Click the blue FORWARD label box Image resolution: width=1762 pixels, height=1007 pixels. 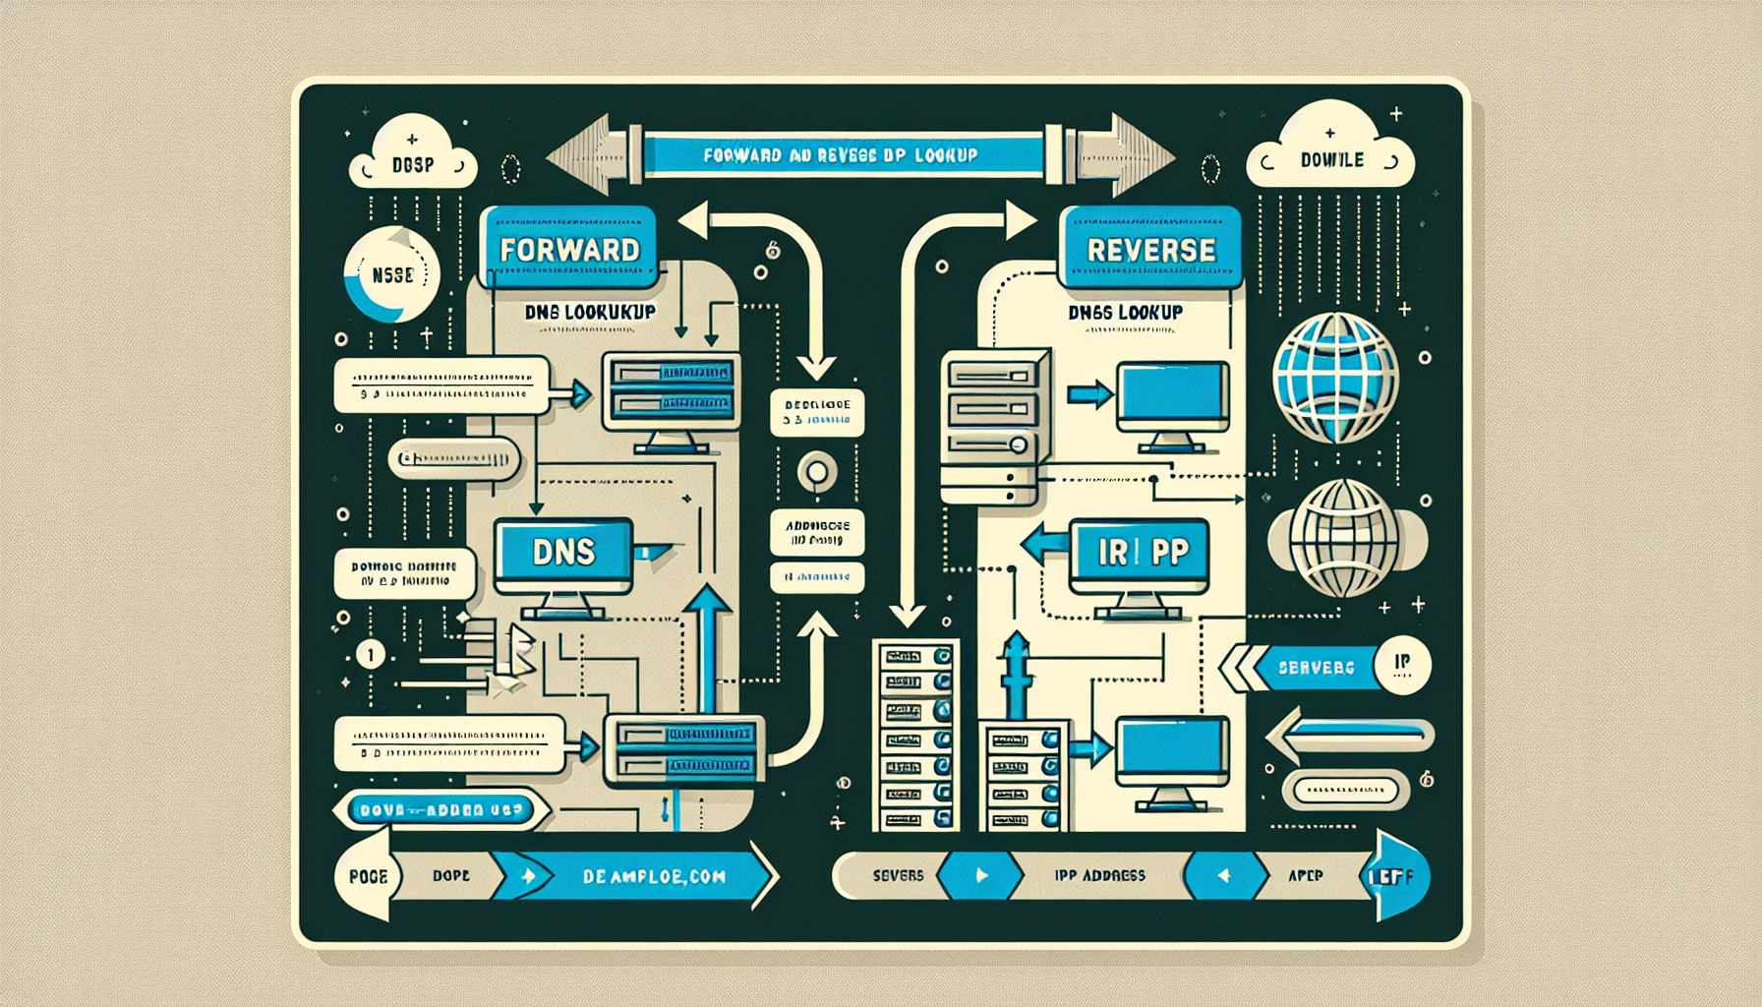click(569, 248)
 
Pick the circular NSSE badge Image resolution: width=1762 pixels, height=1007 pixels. click(392, 275)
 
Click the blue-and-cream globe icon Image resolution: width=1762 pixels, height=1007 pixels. click(1335, 377)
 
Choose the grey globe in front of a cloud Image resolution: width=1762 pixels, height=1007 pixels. click(1343, 539)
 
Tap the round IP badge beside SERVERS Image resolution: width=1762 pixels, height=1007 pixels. click(1402, 665)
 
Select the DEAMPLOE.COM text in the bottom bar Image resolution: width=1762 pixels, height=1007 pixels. click(654, 876)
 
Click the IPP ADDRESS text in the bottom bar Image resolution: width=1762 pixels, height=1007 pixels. click(1099, 875)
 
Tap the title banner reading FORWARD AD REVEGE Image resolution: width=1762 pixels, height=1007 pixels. click(840, 155)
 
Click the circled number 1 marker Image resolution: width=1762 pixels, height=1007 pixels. click(371, 654)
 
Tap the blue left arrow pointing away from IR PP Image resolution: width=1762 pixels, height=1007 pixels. click(1045, 544)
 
